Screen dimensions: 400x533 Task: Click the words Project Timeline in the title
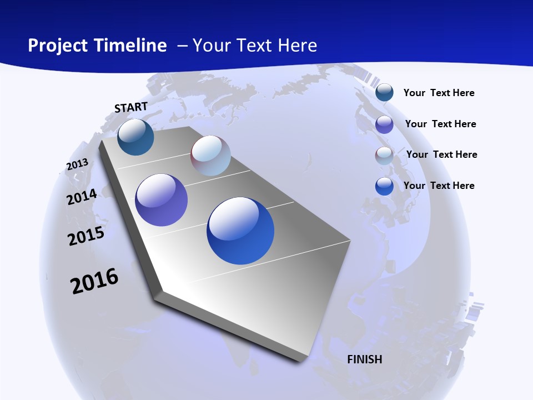[97, 46]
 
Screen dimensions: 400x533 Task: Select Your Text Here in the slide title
[255, 46]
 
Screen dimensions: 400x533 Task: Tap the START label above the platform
[131, 107]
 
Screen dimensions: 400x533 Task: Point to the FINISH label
[365, 359]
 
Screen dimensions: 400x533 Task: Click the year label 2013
[77, 164]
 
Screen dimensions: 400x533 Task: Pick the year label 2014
[82, 197]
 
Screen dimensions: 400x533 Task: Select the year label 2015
[86, 236]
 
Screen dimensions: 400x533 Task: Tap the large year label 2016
[94, 281]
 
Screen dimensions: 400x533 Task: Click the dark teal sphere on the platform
[135, 137]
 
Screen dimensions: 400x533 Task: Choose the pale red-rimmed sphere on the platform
[210, 156]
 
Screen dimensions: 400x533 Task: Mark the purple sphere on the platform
[162, 200]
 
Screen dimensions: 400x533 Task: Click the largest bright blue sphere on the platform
[240, 231]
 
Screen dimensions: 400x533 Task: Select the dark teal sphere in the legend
[384, 92]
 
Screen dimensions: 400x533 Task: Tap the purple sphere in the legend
[384, 124]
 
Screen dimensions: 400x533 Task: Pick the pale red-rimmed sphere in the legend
[384, 156]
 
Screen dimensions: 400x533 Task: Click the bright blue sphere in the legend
[384, 186]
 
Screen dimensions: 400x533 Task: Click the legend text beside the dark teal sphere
[439, 93]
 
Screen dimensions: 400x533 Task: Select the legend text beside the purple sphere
[440, 124]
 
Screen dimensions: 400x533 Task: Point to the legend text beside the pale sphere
[441, 154]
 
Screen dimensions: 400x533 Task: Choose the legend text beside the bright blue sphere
[439, 186]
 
